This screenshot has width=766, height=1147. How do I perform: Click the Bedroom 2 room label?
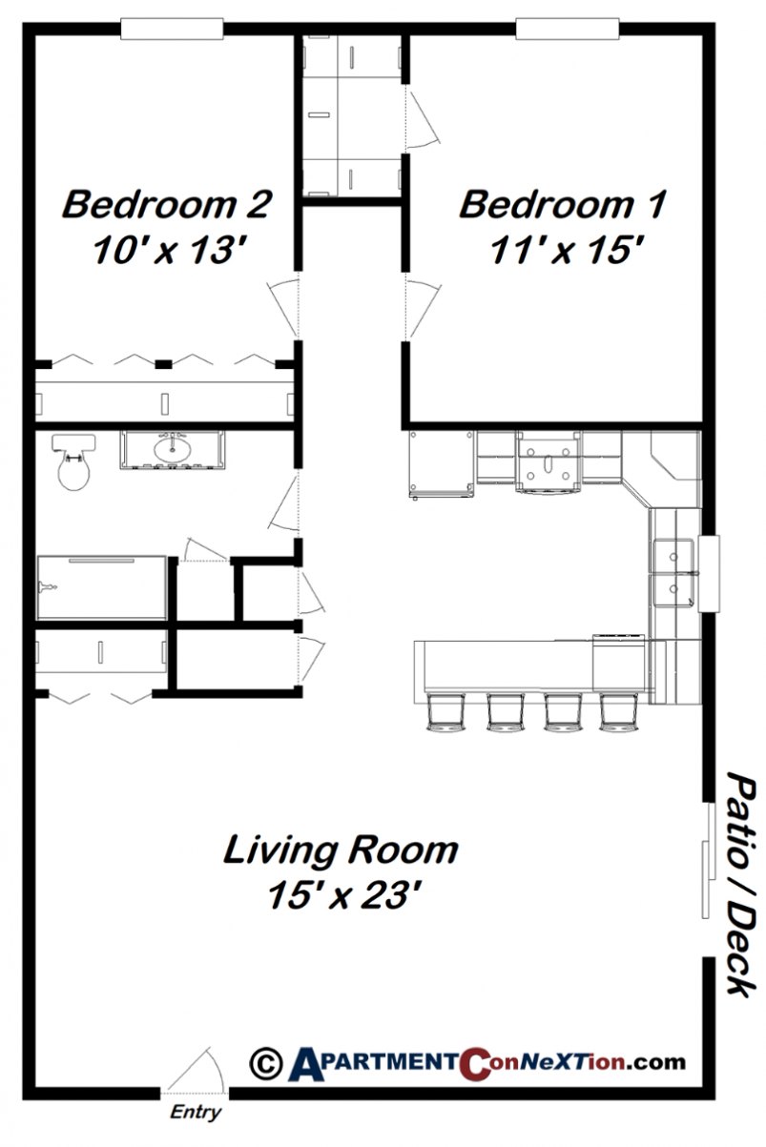(167, 204)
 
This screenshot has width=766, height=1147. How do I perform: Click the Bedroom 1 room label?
(562, 204)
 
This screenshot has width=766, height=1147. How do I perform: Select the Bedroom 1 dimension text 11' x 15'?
(562, 250)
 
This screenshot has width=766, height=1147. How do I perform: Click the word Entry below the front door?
(195, 1112)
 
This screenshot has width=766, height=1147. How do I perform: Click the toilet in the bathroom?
(74, 462)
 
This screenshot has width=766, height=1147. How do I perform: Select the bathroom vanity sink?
(173, 449)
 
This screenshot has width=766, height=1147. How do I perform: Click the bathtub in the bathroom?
(102, 586)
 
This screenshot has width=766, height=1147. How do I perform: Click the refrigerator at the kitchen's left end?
(441, 463)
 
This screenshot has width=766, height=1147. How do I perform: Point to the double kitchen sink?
(674, 572)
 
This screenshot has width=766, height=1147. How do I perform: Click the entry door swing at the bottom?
(198, 1070)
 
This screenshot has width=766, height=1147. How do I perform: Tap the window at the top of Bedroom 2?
(172, 30)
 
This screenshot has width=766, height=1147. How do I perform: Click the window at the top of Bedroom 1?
(567, 30)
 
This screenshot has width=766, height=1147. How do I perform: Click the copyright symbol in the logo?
(264, 1061)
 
